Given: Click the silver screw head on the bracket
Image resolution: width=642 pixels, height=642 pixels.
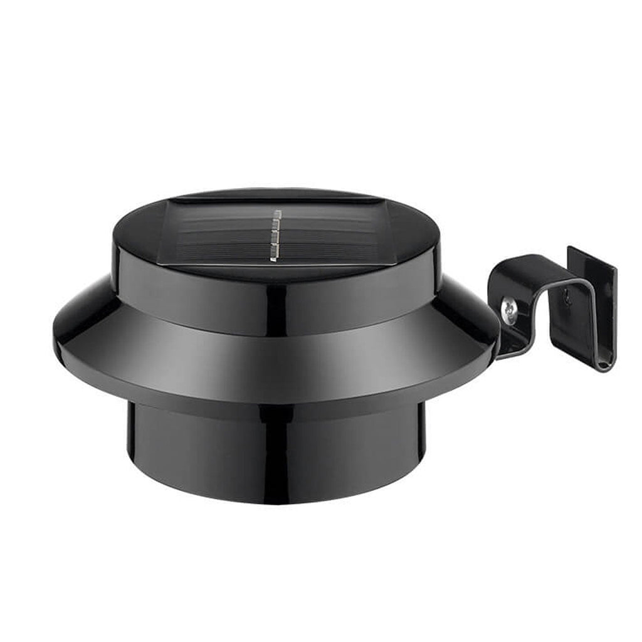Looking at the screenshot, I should point(509,310).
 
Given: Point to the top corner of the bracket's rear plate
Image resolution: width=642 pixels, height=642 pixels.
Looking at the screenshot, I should point(571,248).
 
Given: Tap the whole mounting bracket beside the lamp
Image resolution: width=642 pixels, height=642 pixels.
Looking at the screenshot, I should point(552,301).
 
